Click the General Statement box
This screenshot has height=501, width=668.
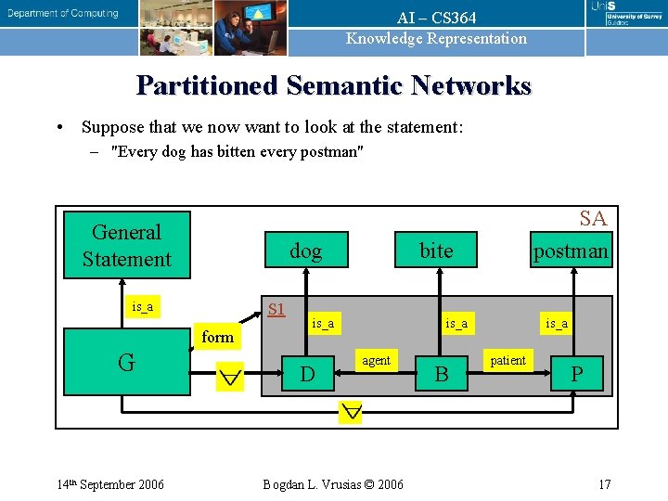tap(126, 246)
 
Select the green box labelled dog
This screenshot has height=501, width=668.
tap(305, 250)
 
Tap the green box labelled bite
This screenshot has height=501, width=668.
tap(436, 250)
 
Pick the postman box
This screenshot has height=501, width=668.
tap(571, 250)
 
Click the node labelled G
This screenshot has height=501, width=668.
tap(126, 362)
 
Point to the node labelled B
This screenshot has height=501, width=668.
tap(442, 374)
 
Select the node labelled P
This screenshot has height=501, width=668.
tap(576, 374)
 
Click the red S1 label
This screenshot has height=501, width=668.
tap(276, 308)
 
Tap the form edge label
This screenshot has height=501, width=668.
tap(218, 337)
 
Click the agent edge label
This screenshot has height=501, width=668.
tap(376, 360)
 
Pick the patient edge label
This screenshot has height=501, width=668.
tap(507, 360)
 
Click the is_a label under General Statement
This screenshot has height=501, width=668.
tap(143, 306)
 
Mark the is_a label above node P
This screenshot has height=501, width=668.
tap(557, 323)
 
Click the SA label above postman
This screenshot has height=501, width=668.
tap(593, 218)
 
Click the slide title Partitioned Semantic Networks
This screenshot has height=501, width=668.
tap(334, 86)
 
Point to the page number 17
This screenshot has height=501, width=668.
tap(604, 484)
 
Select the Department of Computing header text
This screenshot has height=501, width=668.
tap(63, 13)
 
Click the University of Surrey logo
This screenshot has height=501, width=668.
tap(627, 13)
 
